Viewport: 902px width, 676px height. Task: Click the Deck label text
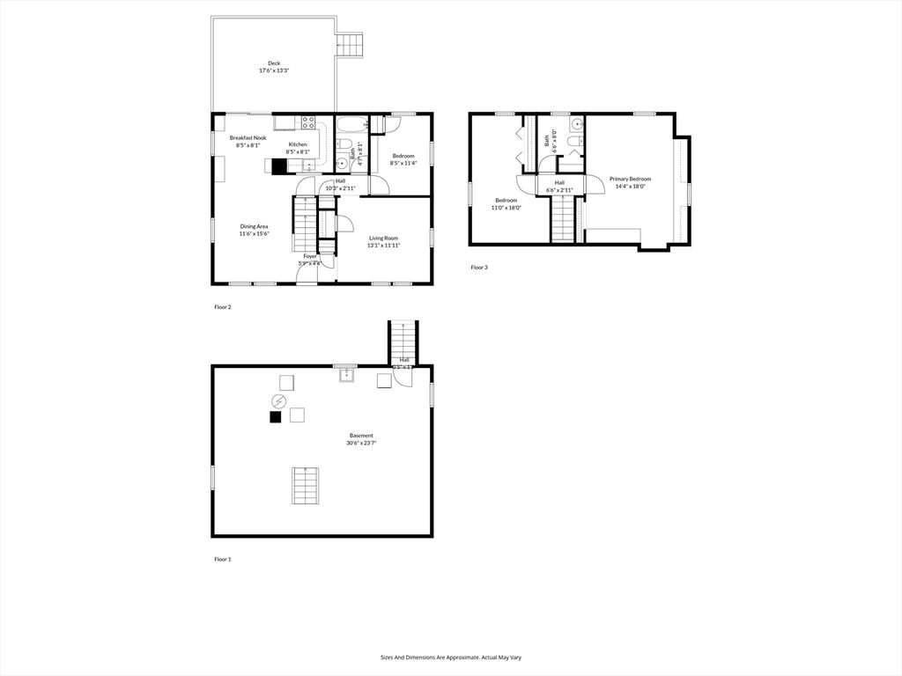[275, 63]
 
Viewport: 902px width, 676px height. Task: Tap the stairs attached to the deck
[351, 44]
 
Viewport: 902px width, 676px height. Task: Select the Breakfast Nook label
[248, 138]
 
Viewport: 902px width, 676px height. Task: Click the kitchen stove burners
[308, 123]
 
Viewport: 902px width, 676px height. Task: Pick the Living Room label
[383, 238]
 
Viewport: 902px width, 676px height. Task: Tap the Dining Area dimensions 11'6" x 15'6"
[254, 234]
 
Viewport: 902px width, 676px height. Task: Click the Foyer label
[310, 256]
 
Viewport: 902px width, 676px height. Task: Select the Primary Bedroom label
[630, 179]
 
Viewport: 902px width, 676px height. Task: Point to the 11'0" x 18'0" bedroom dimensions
[506, 208]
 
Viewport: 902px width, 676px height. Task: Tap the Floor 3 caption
[478, 267]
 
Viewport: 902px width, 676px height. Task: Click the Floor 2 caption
[222, 307]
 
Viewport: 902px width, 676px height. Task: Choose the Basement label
[361, 436]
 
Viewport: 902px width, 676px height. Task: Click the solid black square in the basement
[276, 418]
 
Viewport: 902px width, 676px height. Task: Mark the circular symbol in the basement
[278, 400]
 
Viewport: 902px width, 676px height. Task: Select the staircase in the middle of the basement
[306, 486]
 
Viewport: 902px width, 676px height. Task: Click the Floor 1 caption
[222, 559]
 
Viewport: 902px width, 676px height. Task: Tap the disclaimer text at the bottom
[450, 657]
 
